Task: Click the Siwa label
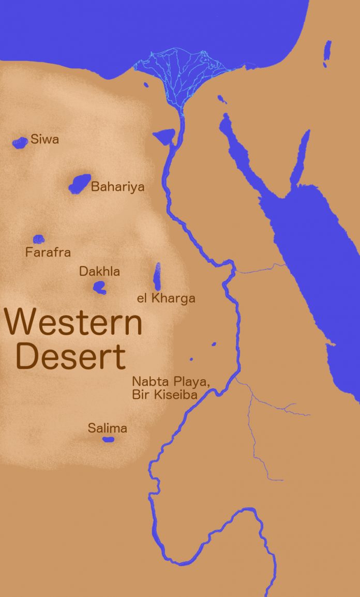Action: (x=44, y=139)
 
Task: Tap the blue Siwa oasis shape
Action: (x=20, y=142)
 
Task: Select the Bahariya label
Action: (x=117, y=187)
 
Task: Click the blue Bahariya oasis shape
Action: (x=80, y=184)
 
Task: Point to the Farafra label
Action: (x=48, y=252)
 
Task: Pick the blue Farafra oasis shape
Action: (x=39, y=239)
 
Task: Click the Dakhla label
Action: (x=99, y=271)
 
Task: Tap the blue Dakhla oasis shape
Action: (x=99, y=287)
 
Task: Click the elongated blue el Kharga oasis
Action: (x=157, y=277)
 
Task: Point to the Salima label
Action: (x=107, y=428)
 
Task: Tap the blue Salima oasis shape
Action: (x=108, y=440)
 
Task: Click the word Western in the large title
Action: (x=73, y=322)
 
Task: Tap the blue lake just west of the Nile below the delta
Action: (x=165, y=137)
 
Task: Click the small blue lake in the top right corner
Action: (x=327, y=53)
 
